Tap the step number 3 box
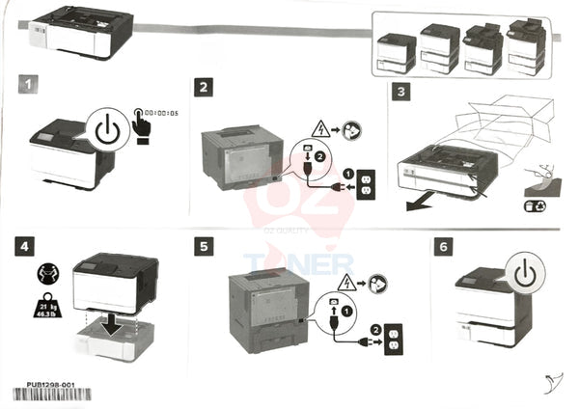click(402, 93)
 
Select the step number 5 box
click(204, 247)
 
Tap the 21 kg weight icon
click(46, 308)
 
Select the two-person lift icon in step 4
click(45, 273)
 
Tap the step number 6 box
click(444, 247)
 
